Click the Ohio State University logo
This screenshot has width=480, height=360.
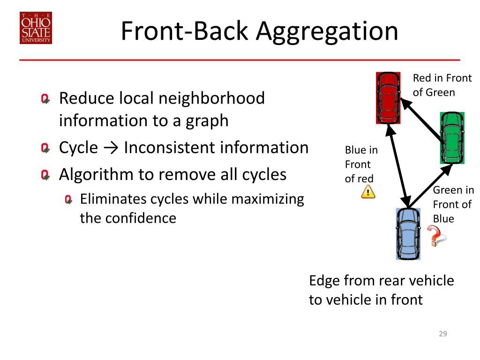(36, 28)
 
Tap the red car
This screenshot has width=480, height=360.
(388, 97)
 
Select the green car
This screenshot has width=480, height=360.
(452, 137)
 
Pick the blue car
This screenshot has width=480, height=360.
(408, 234)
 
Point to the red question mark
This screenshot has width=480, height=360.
(435, 235)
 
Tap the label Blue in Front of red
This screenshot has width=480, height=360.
(361, 164)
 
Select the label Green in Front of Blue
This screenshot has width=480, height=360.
(453, 204)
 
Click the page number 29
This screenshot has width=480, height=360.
(442, 334)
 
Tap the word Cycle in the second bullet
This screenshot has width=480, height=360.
(78, 148)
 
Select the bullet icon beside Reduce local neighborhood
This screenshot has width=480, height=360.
(45, 99)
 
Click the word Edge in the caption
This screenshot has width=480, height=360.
(324, 281)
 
